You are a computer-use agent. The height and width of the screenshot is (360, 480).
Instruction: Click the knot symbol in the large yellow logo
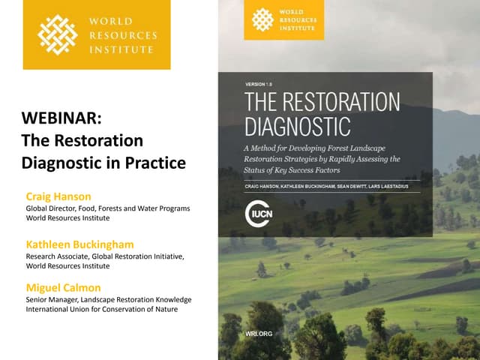pyautogui.click(x=58, y=34)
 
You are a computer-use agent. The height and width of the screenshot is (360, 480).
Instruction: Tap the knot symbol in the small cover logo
pyautogui.click(x=262, y=19)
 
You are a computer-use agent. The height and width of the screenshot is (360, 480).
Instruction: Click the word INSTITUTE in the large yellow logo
pyautogui.click(x=120, y=49)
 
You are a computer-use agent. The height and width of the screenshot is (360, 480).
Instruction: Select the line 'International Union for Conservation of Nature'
pyautogui.click(x=101, y=309)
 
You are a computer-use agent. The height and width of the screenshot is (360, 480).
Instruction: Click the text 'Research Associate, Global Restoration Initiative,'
pyautogui.click(x=105, y=256)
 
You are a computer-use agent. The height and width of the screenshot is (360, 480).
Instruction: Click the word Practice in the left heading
pyautogui.click(x=154, y=162)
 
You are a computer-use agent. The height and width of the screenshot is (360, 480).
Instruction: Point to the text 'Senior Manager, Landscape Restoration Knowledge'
pyautogui.click(x=108, y=299)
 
